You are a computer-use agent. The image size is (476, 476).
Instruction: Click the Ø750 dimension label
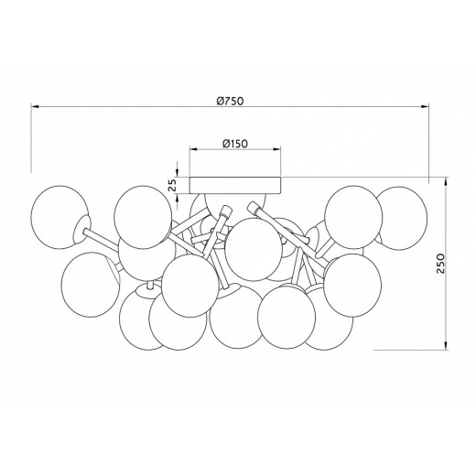pos(231,101)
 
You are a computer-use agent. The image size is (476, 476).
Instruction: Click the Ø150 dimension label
pos(235,143)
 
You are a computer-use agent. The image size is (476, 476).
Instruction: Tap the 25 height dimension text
pos(173,184)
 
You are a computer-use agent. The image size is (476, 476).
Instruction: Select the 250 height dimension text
pos(442,263)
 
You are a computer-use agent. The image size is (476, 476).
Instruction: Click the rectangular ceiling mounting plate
pos(235,185)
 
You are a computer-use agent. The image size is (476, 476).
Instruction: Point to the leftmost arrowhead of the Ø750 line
pos(35,106)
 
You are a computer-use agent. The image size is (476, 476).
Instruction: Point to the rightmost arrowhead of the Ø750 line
pos(425,106)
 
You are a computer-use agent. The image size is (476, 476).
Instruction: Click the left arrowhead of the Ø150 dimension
pos(194,149)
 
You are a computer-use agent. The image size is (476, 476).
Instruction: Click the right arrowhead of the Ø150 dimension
pos(277,149)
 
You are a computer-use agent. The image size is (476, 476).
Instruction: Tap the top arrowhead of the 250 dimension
pos(446,181)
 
